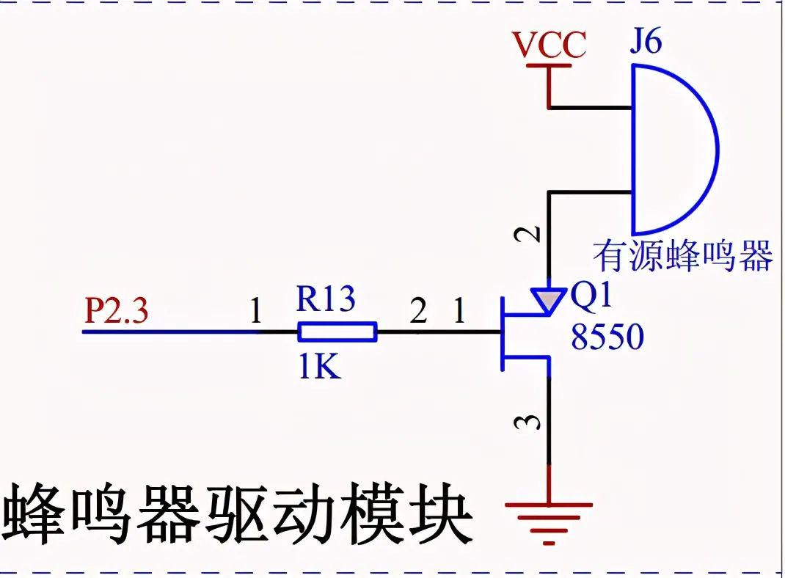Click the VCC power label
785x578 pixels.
549,45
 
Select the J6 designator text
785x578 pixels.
646,42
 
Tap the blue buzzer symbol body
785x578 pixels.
671,150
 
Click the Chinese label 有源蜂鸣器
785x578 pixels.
683,256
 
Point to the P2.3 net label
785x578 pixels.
117,312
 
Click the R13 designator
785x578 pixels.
326,299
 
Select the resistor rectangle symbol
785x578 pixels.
337,332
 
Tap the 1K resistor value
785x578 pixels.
320,366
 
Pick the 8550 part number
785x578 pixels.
607,337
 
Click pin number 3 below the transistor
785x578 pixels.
533,422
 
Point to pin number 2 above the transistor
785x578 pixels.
533,234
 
